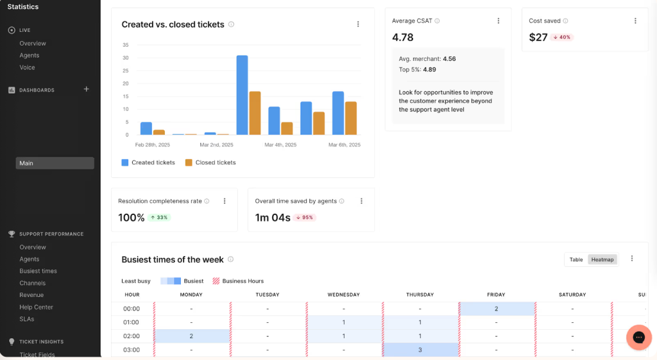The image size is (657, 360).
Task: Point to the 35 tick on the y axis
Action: (x=126, y=45)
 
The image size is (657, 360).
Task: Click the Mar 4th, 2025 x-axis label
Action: (x=280, y=145)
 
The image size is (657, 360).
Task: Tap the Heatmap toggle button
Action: (x=602, y=259)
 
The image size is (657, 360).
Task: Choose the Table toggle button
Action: (x=576, y=259)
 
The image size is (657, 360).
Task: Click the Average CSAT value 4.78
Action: (x=402, y=37)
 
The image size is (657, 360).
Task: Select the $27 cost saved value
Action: (x=538, y=37)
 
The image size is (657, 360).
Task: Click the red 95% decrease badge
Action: (x=305, y=218)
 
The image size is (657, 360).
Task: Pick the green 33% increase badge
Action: (x=159, y=218)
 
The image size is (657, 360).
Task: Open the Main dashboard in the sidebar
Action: (x=55, y=163)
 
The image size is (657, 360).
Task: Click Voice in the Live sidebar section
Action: (x=27, y=67)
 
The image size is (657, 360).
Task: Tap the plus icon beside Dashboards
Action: (x=87, y=89)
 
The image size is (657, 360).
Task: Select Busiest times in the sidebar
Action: (x=38, y=271)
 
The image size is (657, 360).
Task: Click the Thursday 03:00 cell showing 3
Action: (x=420, y=350)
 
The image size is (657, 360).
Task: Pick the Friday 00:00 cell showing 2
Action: (x=497, y=309)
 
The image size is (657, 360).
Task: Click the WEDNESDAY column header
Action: (x=344, y=295)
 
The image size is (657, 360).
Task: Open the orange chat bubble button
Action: (x=638, y=338)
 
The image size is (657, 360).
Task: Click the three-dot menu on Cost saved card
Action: (x=635, y=21)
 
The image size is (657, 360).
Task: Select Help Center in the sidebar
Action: (x=36, y=307)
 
